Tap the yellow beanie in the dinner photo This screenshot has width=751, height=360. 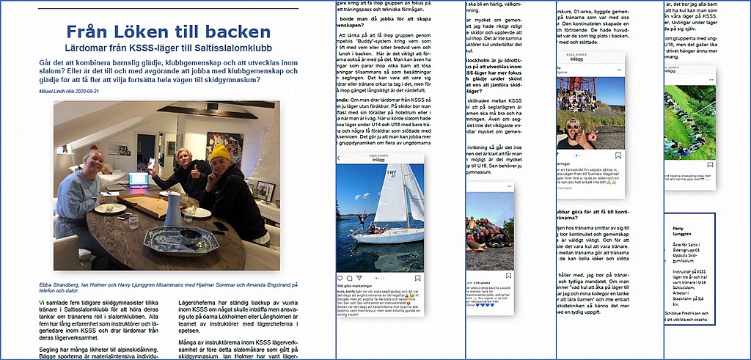[219, 152]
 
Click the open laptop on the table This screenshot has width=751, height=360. [138, 180]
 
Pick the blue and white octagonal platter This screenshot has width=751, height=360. [172, 240]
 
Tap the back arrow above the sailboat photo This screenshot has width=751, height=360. [339, 158]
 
